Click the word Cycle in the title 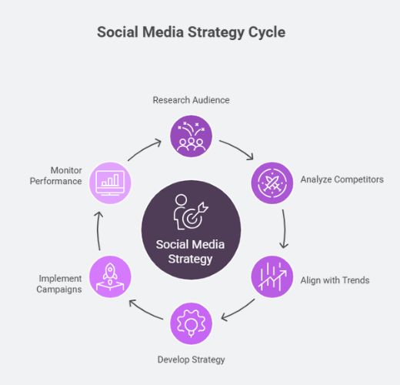tap(267, 32)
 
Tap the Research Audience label tap(191, 100)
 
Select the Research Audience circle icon tap(192, 136)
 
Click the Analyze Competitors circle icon tap(272, 183)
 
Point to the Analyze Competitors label tap(342, 179)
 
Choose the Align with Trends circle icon tap(272, 276)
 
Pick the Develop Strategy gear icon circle tap(192, 323)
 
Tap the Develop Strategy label tap(191, 360)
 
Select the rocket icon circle tap(110, 276)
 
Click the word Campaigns tap(59, 290)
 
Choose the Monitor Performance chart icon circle tap(110, 183)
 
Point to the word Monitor tap(66, 170)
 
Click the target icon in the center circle tap(191, 212)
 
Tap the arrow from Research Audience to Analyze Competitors tap(238, 147)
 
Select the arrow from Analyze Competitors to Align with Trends tap(285, 229)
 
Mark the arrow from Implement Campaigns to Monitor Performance tap(98, 230)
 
